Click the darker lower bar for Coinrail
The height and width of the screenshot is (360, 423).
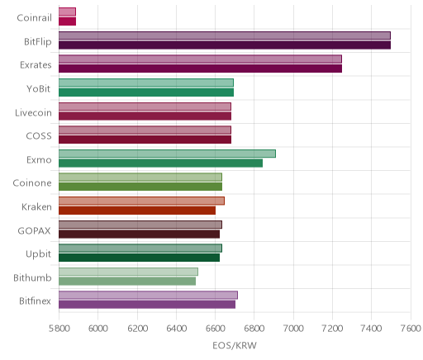click(x=67, y=21)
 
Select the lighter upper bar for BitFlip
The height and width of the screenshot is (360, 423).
click(x=225, y=36)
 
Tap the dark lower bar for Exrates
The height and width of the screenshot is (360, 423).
click(x=200, y=69)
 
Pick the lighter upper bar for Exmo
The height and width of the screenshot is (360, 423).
click(x=167, y=154)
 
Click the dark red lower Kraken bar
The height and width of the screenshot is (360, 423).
click(x=137, y=211)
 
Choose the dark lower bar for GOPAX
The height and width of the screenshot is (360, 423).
click(x=139, y=234)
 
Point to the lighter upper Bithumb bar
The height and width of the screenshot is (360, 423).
click(x=128, y=272)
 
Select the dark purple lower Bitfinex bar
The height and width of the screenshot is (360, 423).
click(x=147, y=305)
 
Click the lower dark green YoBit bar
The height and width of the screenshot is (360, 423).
click(x=146, y=92)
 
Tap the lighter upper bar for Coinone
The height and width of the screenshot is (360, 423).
click(x=140, y=178)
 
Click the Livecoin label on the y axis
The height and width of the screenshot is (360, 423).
click(x=33, y=113)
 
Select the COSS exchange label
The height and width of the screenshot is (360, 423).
click(x=39, y=136)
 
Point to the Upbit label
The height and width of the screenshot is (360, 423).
click(x=38, y=254)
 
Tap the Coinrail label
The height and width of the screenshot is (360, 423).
click(x=34, y=18)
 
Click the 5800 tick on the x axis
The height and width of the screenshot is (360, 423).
click(x=59, y=329)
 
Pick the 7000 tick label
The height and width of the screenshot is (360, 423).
click(x=293, y=329)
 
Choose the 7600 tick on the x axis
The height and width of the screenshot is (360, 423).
click(x=411, y=329)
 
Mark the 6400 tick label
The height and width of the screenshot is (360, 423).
click(x=176, y=329)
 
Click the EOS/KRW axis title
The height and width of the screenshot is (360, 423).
click(x=235, y=345)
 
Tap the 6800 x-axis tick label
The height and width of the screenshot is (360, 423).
click(x=254, y=329)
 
